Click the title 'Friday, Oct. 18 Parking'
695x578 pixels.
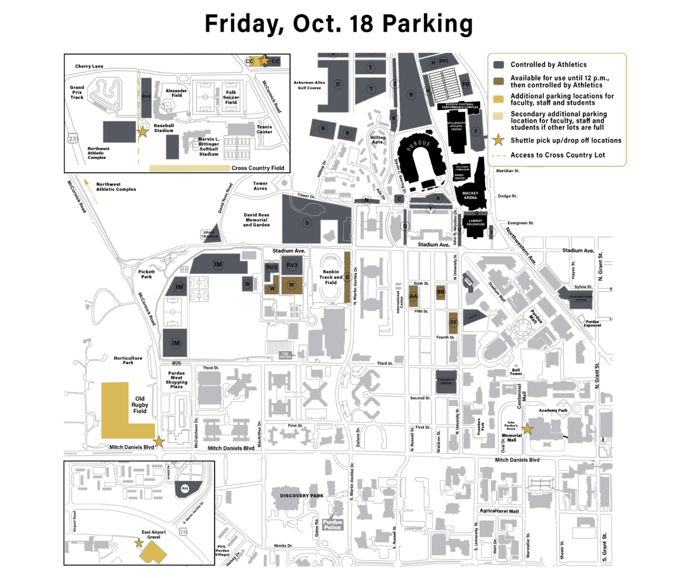(x=339, y=24)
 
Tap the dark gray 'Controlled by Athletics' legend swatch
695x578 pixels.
(x=499, y=65)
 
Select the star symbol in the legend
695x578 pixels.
(x=498, y=140)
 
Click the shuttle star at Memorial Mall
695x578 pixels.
(x=527, y=429)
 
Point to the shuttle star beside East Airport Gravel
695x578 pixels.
(x=139, y=543)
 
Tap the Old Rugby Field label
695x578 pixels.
(x=140, y=405)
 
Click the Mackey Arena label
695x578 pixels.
(x=470, y=195)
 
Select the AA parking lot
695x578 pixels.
(x=413, y=297)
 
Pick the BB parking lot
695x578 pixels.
(x=441, y=292)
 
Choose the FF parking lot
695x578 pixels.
(x=453, y=322)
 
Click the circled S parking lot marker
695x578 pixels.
(x=307, y=223)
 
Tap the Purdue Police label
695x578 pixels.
(x=332, y=525)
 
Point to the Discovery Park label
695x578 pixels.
(x=302, y=496)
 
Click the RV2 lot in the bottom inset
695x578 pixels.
(x=185, y=489)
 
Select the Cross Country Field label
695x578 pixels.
(x=258, y=168)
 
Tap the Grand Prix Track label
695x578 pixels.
(x=77, y=92)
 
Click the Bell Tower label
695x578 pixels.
(x=516, y=372)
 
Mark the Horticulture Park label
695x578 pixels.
(x=128, y=360)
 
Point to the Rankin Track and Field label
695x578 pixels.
(x=331, y=277)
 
